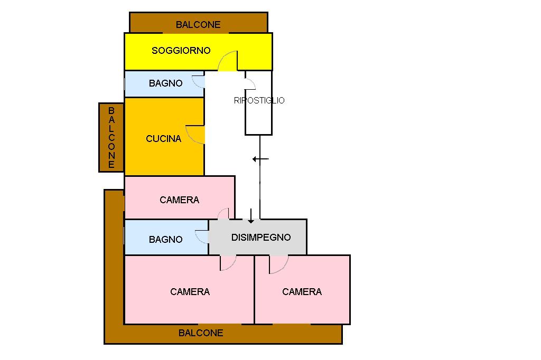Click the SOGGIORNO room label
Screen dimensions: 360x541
pos(181,51)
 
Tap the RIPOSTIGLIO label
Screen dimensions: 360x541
pos(259,100)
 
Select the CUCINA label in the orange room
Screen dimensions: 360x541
pos(163,139)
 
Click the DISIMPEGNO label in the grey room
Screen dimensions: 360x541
pos(261,238)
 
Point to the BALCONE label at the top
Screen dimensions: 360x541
pos(198,25)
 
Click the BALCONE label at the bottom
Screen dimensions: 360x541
pos(201,333)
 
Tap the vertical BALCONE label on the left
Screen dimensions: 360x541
pos(111,138)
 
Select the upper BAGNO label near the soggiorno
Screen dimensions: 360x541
pos(165,83)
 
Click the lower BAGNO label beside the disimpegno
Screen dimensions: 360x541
pos(165,240)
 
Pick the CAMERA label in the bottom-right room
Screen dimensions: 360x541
pos(302,292)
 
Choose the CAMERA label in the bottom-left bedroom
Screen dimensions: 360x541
pos(190,292)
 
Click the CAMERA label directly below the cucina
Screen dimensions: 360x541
pos(179,200)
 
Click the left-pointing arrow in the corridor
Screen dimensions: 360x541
pos(260,159)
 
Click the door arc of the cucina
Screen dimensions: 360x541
pos(195,135)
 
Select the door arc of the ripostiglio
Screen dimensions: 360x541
pos(250,83)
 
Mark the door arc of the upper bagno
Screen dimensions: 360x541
pos(198,82)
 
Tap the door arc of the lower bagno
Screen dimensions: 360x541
pos(201,236)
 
